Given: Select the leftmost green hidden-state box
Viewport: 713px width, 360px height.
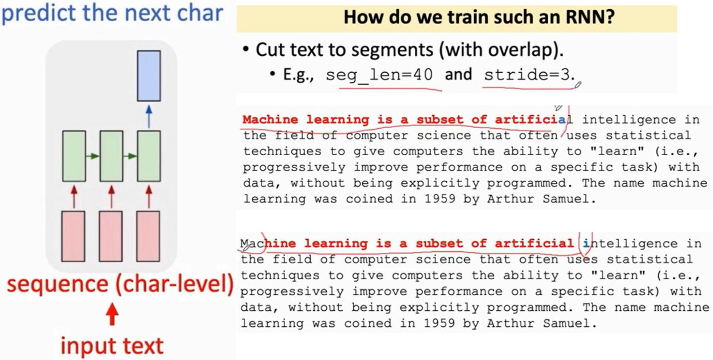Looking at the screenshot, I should [x=74, y=156].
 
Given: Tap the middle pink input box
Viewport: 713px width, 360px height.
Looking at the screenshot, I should [x=111, y=236].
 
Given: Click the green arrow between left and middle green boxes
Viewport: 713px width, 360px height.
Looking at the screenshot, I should [x=93, y=156].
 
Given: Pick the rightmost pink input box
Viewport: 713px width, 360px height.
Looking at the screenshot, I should [x=149, y=236].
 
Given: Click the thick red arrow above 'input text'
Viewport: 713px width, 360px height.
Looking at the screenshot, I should [x=113, y=315].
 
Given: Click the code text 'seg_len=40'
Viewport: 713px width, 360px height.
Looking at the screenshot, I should [x=379, y=75].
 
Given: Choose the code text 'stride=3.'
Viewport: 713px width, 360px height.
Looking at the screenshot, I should [x=529, y=75].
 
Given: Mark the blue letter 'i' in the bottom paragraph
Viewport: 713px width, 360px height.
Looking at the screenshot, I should [x=585, y=243].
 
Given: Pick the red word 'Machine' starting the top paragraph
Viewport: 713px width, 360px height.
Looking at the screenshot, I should [x=271, y=120].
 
